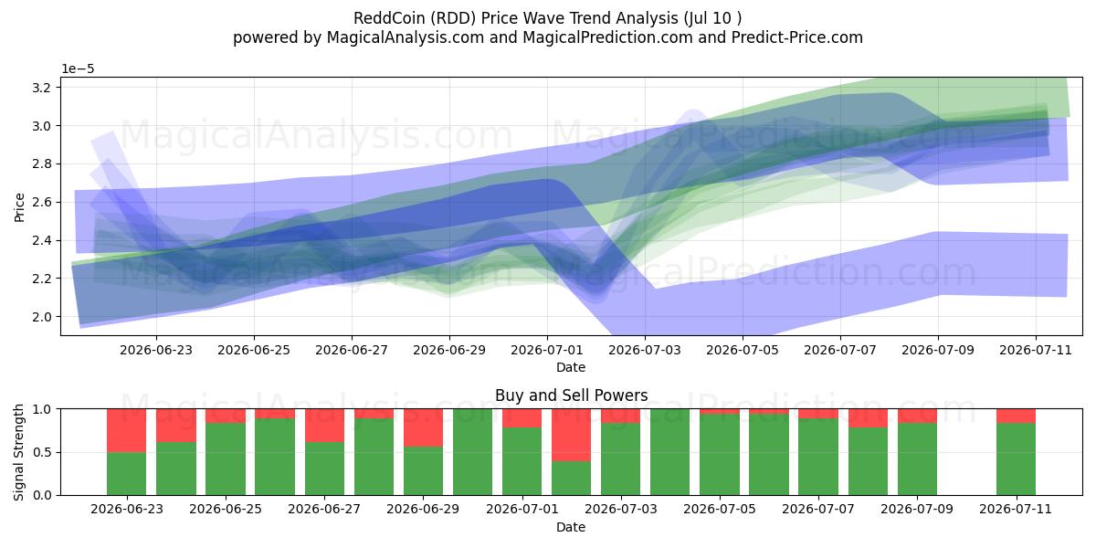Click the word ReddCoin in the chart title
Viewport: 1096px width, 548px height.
[389, 18]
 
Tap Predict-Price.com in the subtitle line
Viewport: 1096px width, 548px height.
[797, 37]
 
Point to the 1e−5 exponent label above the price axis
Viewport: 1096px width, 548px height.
[78, 69]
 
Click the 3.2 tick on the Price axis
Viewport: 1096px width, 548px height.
[42, 88]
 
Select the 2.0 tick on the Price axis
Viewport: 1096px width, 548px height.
[42, 317]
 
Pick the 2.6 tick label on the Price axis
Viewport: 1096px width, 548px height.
[42, 202]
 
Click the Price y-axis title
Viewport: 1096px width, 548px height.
[19, 207]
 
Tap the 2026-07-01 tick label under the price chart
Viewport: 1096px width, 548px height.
[547, 351]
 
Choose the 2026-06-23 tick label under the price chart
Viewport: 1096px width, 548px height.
[156, 351]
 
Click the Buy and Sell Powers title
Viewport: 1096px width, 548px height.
[571, 395]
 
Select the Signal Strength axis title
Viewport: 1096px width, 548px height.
[18, 452]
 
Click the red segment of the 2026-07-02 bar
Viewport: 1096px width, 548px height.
[571, 435]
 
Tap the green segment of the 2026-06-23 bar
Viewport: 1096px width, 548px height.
[126, 474]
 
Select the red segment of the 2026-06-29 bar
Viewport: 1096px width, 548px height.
[423, 427]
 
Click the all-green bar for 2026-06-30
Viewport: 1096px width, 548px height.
[472, 452]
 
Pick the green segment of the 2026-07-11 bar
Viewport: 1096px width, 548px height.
[1016, 458]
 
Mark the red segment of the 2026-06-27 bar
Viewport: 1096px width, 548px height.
[324, 426]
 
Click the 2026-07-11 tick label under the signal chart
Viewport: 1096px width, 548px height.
[1016, 510]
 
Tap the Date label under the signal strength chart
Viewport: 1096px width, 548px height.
[571, 527]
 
